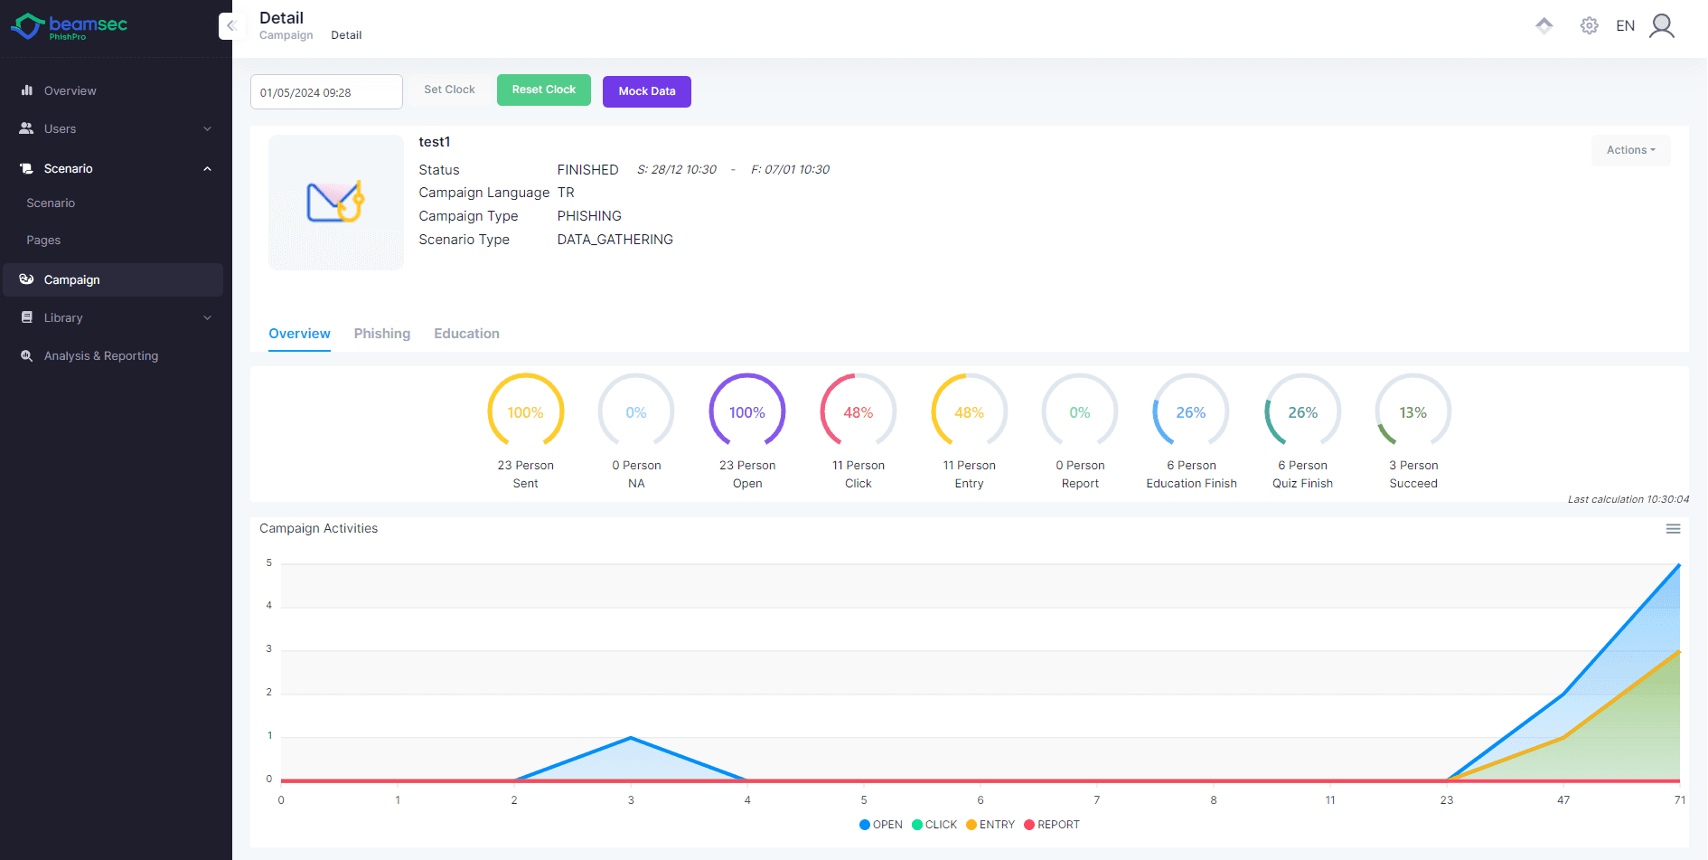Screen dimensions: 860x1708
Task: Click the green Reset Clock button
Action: pyautogui.click(x=543, y=90)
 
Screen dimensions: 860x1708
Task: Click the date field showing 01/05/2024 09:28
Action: pyautogui.click(x=325, y=92)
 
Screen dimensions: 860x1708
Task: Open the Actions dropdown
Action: pyautogui.click(x=1630, y=150)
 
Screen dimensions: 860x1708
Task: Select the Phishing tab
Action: pyautogui.click(x=381, y=334)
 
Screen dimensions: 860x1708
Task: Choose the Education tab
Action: pyautogui.click(x=466, y=334)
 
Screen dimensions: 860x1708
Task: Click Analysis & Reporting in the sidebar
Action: pyautogui.click(x=101, y=356)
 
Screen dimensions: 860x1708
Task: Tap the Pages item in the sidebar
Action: pyautogui.click(x=43, y=241)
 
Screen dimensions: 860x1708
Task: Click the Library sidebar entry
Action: pyautogui.click(x=63, y=318)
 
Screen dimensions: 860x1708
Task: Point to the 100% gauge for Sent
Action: pyautogui.click(x=525, y=412)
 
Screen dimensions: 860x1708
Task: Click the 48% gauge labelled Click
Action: pyautogui.click(x=858, y=412)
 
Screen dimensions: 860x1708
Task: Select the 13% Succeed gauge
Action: pyautogui.click(x=1412, y=412)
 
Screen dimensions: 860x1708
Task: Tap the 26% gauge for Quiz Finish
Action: pyautogui.click(x=1302, y=412)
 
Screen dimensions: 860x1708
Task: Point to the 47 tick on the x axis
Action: pyautogui.click(x=1563, y=800)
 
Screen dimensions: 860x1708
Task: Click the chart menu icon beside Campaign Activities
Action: pyautogui.click(x=1673, y=529)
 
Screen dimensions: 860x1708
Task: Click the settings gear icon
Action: pyautogui.click(x=1589, y=26)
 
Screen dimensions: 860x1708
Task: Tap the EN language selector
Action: pyautogui.click(x=1625, y=26)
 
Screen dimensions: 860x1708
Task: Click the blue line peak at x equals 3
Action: pyautogui.click(x=631, y=738)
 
